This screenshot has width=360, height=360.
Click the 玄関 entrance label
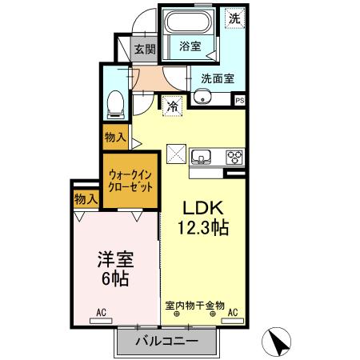click(x=144, y=50)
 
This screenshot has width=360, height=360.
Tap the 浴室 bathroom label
click(x=190, y=46)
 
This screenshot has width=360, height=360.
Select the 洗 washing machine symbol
click(x=234, y=18)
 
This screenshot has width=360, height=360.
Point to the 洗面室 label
click(x=217, y=78)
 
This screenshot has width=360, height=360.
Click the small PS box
click(x=239, y=99)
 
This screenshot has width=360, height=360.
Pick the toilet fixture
click(x=116, y=102)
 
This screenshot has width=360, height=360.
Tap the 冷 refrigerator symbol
click(x=173, y=104)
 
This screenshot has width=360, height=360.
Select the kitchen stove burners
click(x=235, y=156)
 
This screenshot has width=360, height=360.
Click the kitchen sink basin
click(x=202, y=155)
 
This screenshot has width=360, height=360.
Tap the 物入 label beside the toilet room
click(x=115, y=138)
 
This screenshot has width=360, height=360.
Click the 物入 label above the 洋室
click(x=86, y=198)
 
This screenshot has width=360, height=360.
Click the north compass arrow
click(x=279, y=342)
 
